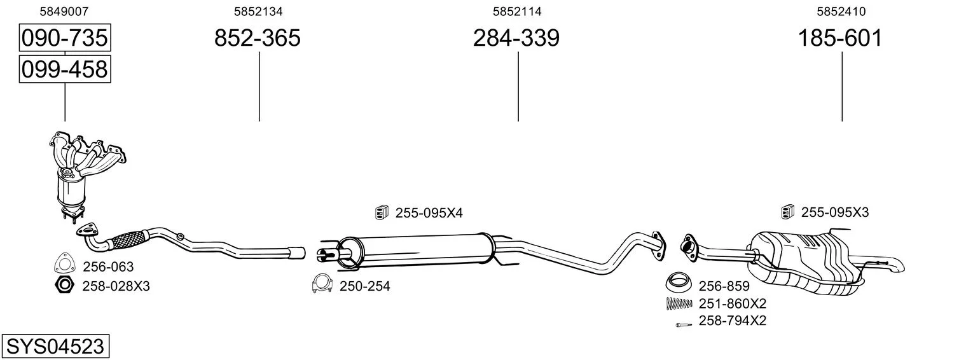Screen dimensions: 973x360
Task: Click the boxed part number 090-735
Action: [x=65, y=38]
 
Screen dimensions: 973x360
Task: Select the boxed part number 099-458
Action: [x=65, y=69]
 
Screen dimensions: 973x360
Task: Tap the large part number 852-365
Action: [x=257, y=38]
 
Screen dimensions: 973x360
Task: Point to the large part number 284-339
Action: [x=516, y=38]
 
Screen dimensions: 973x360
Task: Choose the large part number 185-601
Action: [x=840, y=38]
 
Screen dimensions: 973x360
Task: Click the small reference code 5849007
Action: [x=64, y=11]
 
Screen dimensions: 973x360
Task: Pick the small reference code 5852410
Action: [x=841, y=11]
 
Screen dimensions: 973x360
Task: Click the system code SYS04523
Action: [x=55, y=347]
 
